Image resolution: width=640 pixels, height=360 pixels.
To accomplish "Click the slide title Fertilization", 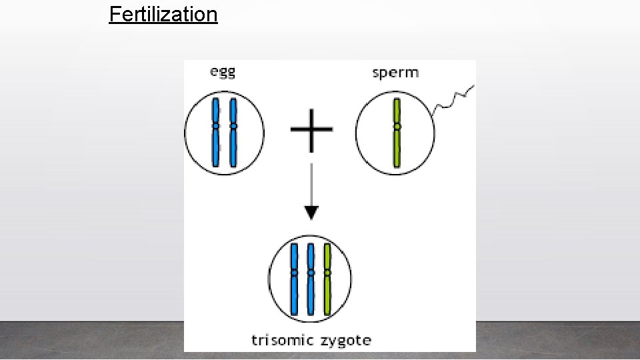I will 163,14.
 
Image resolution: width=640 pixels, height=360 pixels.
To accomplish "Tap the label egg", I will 223,72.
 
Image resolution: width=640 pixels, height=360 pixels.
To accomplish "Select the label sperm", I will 395,72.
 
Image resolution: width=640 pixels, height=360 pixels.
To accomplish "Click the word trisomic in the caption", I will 283,340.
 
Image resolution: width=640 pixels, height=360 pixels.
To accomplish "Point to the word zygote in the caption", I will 345,341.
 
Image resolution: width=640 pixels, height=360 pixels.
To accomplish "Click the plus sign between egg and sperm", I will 311,129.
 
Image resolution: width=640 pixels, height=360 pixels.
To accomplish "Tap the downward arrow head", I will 311,213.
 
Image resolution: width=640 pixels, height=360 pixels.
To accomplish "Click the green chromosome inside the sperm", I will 397,150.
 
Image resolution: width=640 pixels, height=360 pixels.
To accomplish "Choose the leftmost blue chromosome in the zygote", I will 294,293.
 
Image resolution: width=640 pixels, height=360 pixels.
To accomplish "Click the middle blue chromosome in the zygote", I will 311,293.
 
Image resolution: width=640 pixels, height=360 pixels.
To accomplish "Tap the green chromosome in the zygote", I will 327,293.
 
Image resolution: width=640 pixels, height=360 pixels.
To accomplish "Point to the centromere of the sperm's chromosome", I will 397,126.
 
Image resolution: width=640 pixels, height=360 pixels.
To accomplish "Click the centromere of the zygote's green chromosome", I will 327,272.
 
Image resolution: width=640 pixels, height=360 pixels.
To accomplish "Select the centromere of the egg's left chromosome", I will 215,125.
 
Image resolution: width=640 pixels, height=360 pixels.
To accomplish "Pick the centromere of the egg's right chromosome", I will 233,125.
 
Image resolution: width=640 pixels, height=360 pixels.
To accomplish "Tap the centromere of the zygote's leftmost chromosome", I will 294,272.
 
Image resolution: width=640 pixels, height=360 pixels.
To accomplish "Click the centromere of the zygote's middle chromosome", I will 311,272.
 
